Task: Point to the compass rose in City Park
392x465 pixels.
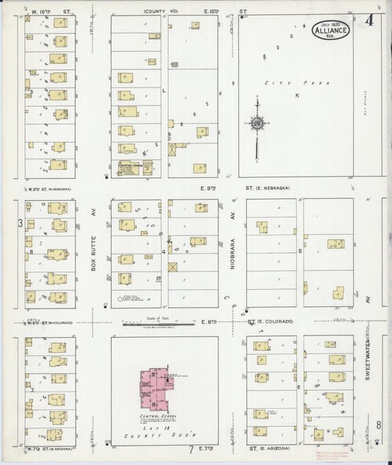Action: [256, 124]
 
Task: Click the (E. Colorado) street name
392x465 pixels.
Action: [275, 322]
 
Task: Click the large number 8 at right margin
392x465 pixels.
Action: [379, 425]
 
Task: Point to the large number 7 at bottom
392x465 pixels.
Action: [190, 449]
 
